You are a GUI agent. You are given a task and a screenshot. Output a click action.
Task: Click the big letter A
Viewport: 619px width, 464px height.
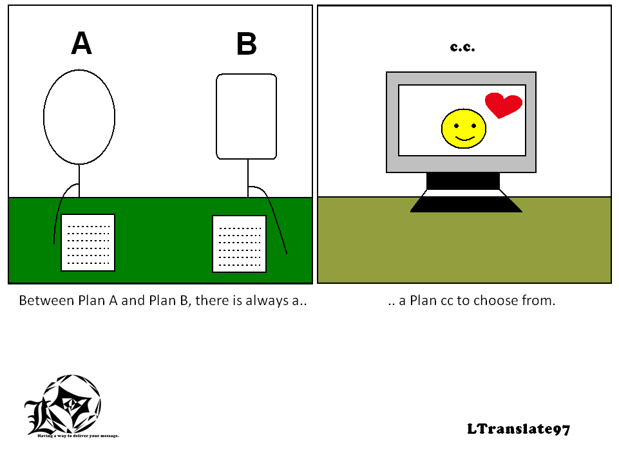[81, 43]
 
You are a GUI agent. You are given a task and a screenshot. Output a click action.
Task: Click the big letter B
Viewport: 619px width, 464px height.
[246, 43]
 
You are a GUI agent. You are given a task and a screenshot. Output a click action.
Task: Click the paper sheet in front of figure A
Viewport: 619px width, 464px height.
[88, 243]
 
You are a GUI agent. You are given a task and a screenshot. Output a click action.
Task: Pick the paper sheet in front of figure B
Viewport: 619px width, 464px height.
[239, 244]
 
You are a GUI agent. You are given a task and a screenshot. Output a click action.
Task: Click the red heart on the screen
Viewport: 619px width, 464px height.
[504, 105]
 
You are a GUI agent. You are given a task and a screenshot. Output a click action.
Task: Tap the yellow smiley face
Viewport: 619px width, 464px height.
[464, 129]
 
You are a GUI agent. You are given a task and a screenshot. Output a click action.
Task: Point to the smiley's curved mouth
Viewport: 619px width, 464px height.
[464, 138]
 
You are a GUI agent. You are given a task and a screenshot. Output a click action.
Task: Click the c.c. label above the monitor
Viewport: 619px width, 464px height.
[462, 48]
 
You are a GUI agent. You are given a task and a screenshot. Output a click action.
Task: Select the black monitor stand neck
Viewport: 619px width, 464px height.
[463, 181]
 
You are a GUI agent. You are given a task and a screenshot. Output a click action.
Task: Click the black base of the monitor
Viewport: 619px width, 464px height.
[466, 205]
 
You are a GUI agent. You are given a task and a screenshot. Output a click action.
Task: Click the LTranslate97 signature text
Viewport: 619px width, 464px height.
[519, 429]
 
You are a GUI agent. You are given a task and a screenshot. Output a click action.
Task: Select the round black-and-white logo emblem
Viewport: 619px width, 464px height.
[63, 405]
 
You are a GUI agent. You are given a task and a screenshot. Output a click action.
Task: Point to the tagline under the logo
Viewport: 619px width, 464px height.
[78, 436]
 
